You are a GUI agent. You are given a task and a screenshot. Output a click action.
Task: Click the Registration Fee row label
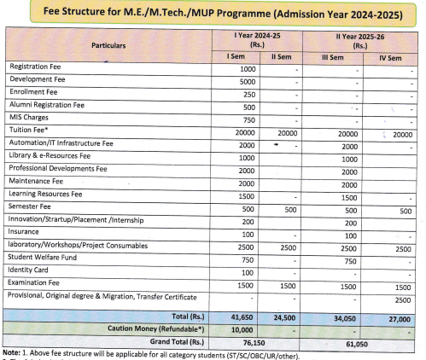point(38,67)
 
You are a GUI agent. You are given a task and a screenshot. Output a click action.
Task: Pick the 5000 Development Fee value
point(248,81)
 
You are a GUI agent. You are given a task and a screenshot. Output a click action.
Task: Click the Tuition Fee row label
point(28,130)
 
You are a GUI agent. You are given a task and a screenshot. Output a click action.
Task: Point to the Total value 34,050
point(344,315)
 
